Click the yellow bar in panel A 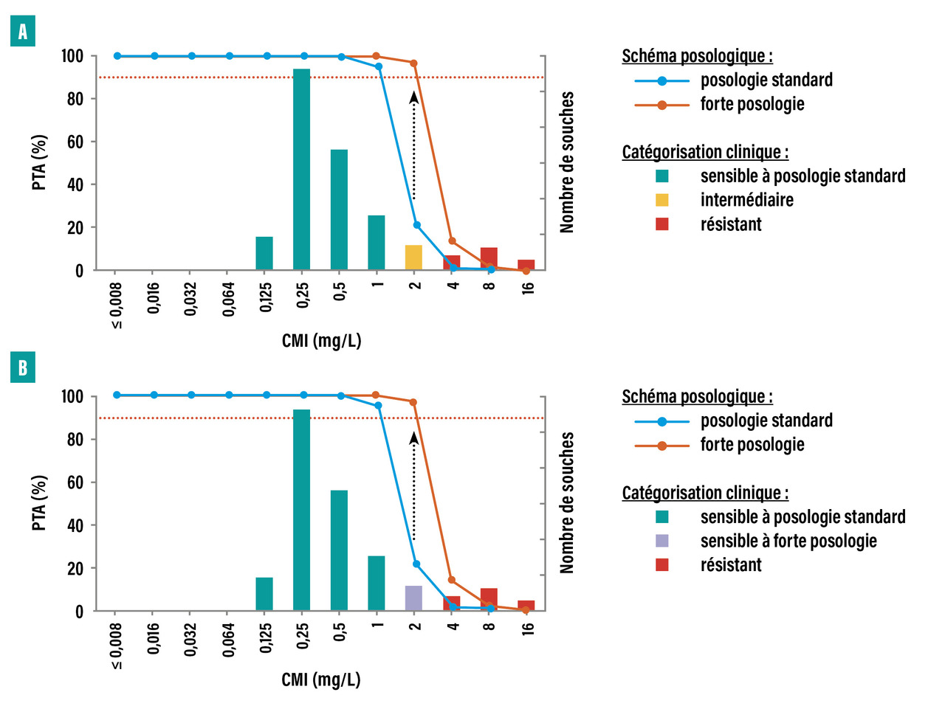pos(413,257)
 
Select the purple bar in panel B pos(413,598)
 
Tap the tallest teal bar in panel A pos(301,170)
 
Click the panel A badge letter pos(23,32)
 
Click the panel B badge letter pos(23,367)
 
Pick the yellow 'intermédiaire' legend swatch pos(662,200)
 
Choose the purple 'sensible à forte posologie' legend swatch pos(662,541)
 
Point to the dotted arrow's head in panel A pos(414,97)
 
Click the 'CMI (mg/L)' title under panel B pos(321,679)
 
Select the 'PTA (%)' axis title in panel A pos(39,162)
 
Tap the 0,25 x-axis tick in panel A pos(303,296)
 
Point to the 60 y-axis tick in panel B pos(75,483)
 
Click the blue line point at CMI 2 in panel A pos(417,225)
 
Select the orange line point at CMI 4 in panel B pos(452,580)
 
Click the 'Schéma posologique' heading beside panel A pos(697,56)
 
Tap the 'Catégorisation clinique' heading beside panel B pos(705,493)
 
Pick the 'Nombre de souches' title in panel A pos(567,162)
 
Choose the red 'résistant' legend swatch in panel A pos(662,224)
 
